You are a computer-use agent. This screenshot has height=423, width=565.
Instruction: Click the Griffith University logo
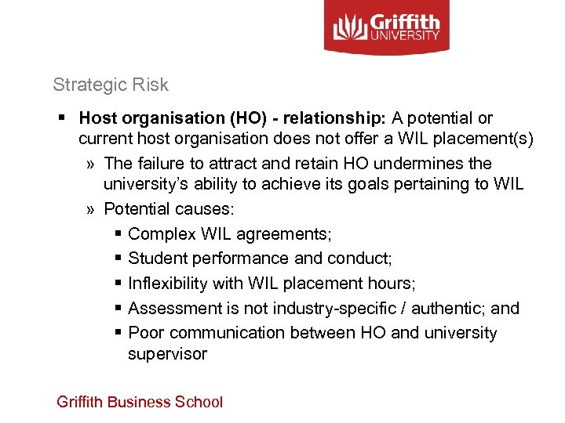click(387, 27)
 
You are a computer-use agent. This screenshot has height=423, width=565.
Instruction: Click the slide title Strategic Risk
click(111, 85)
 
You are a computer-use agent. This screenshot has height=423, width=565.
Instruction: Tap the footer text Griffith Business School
click(140, 402)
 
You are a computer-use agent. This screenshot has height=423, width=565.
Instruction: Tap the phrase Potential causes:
click(169, 209)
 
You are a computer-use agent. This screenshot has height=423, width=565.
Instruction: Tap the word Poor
click(145, 333)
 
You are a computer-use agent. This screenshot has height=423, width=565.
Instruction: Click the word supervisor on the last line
click(167, 354)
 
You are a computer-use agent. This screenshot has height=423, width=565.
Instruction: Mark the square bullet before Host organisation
click(61, 118)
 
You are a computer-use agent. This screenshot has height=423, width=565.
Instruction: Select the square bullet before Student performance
click(116, 258)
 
